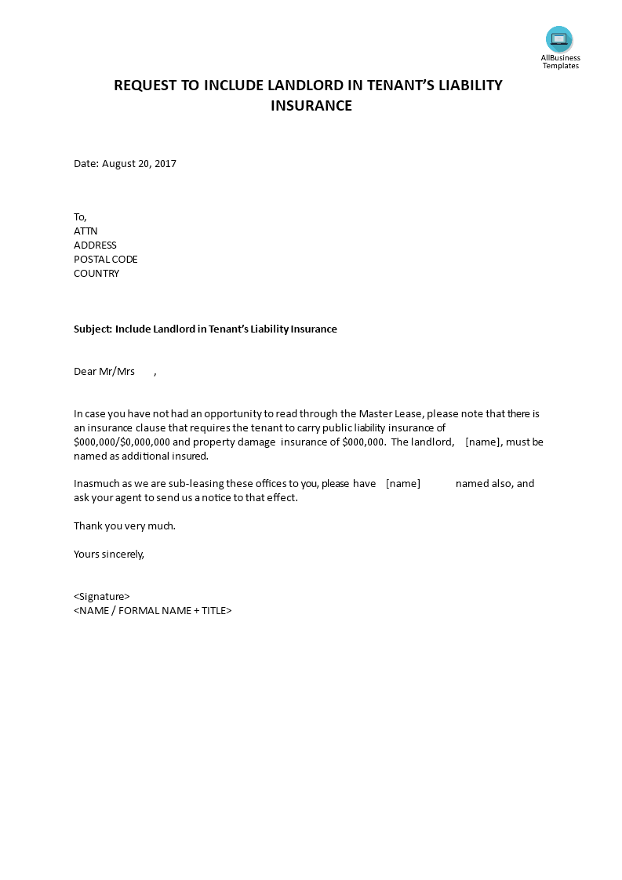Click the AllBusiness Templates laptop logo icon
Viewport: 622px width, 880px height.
tap(559, 39)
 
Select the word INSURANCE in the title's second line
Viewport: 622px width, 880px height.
tap(311, 105)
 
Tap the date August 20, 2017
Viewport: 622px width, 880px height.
tap(139, 164)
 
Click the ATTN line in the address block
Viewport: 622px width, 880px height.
tap(85, 231)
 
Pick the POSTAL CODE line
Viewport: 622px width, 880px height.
tap(105, 260)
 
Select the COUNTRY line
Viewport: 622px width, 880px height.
tap(96, 274)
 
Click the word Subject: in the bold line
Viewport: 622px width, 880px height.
tap(93, 329)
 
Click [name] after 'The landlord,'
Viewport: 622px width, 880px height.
tap(482, 442)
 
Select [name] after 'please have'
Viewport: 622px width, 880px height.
tap(403, 484)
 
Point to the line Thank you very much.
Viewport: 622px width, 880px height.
tap(125, 526)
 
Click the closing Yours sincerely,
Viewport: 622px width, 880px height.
tap(109, 554)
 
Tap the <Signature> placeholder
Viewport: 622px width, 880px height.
tap(102, 596)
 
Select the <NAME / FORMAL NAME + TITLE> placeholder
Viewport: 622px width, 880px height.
tap(153, 610)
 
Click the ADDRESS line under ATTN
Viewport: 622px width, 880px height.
tap(95, 245)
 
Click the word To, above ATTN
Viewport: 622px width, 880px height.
tap(81, 217)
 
